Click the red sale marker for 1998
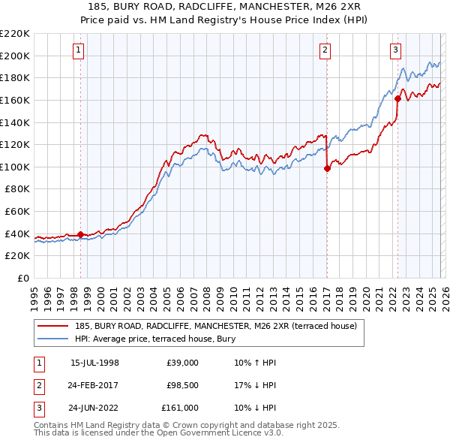81,234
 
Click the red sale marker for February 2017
327,169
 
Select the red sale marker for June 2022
397,98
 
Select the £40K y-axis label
17,234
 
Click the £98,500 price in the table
181,385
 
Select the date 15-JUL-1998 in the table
94,363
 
